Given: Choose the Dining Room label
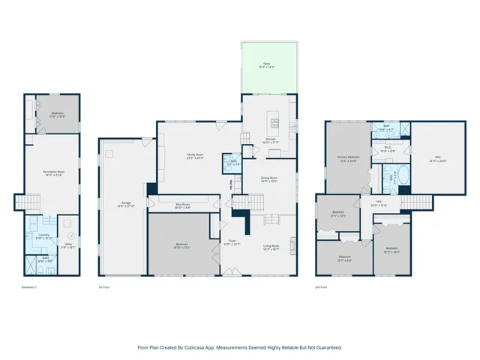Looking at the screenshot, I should [269, 178].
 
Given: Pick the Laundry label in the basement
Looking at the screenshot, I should [43, 235].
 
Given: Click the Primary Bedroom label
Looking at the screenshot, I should [348, 157].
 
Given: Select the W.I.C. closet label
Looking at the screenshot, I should [388, 147].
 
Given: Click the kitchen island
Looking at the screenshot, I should [275, 121].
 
